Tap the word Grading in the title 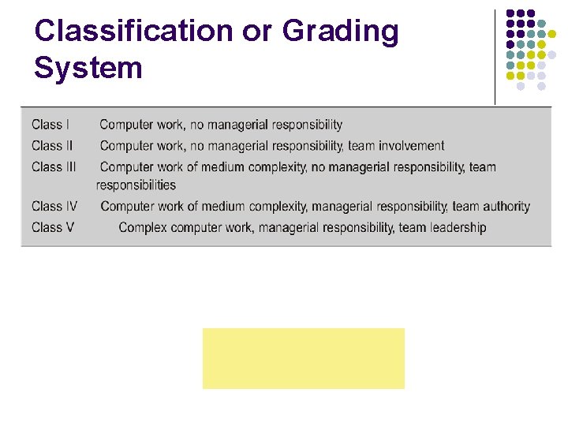tap(341, 32)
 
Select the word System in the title tap(88, 68)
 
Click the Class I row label tap(50, 125)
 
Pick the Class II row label tap(52, 146)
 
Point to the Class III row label tap(54, 167)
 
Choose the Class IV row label tap(54, 207)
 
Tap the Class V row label tap(53, 228)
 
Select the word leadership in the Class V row tap(456, 228)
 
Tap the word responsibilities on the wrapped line tap(136, 185)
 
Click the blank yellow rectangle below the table tap(304, 358)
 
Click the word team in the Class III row tap(482, 167)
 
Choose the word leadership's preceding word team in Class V tap(411, 228)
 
